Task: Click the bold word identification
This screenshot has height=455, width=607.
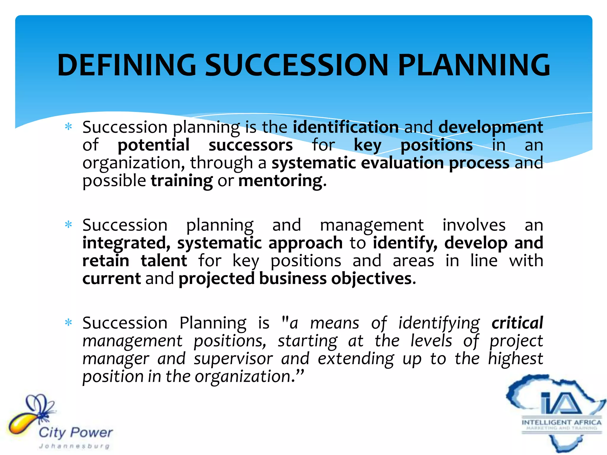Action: click(x=346, y=127)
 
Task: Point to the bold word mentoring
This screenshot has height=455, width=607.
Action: click(x=280, y=181)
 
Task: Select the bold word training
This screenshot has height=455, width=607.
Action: click(x=182, y=181)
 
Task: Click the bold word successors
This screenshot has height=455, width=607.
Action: click(x=250, y=145)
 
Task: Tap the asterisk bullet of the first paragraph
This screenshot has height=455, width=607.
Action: click(x=68, y=127)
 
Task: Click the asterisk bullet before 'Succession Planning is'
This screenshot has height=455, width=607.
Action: click(x=68, y=323)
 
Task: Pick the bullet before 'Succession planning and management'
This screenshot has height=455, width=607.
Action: click(x=68, y=225)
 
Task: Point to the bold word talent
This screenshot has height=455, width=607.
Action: click(x=164, y=261)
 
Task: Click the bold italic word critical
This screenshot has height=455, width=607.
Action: click(x=517, y=323)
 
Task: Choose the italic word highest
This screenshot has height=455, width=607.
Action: click(x=515, y=359)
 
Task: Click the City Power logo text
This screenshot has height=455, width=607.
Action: click(x=76, y=433)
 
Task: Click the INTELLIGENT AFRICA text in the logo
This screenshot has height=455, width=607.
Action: click(x=561, y=422)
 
